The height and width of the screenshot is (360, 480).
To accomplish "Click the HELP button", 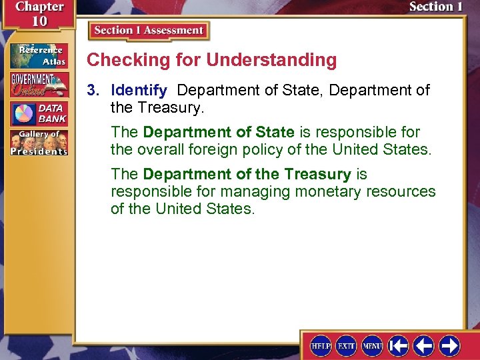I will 321,345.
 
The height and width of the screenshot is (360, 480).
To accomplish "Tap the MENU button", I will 372,345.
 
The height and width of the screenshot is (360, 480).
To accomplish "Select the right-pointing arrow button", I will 449,345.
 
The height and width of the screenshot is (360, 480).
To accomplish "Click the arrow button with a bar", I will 399,345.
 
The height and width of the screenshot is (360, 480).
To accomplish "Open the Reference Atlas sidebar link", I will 39,55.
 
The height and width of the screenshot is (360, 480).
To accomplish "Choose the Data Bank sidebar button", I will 39,114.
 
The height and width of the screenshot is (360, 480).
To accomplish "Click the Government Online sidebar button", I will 39,85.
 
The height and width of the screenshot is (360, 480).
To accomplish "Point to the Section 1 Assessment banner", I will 149,31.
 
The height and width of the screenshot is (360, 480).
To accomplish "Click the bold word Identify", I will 139,90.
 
